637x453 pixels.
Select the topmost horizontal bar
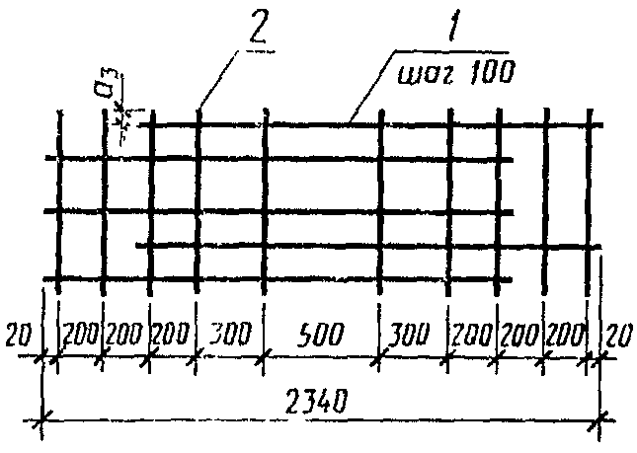375,124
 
